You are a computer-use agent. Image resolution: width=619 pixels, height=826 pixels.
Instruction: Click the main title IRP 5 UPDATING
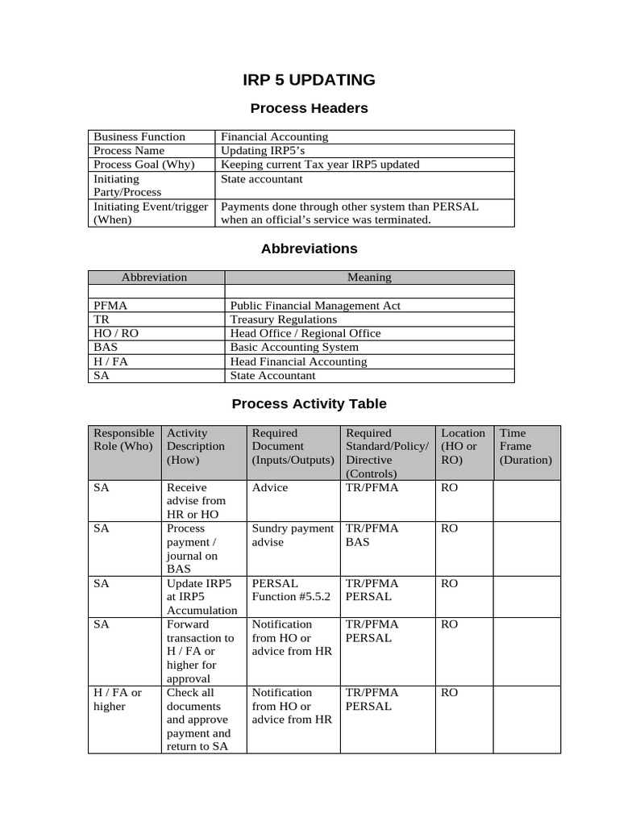(309, 80)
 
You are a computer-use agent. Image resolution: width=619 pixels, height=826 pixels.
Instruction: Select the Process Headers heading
(309, 108)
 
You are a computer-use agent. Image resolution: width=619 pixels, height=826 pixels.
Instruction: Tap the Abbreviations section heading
(309, 248)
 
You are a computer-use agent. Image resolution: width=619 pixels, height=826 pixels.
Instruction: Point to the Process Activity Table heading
(309, 403)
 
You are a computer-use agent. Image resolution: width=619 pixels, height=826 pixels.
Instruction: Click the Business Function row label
(139, 137)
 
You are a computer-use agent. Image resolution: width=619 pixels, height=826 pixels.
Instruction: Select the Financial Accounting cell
(275, 137)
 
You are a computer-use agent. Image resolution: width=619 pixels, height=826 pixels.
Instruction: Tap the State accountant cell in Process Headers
(262, 178)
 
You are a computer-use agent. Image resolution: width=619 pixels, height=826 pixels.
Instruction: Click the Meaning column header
(369, 277)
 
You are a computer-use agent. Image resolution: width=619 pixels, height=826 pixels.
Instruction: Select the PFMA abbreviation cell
(110, 306)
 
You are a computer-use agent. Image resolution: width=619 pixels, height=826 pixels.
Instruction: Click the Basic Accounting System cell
(294, 347)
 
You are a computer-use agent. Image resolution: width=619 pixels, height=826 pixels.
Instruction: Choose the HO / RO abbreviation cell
(116, 333)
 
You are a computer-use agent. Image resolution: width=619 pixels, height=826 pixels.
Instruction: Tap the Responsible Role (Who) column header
(123, 440)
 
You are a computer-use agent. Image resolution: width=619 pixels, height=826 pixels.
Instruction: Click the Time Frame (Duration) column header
(526, 446)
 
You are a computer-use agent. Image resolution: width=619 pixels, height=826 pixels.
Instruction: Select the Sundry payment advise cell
(293, 535)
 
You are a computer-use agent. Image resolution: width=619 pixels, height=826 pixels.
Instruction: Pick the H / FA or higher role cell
(118, 699)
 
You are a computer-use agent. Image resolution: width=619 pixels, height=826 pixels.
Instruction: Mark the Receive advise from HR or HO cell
(196, 500)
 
